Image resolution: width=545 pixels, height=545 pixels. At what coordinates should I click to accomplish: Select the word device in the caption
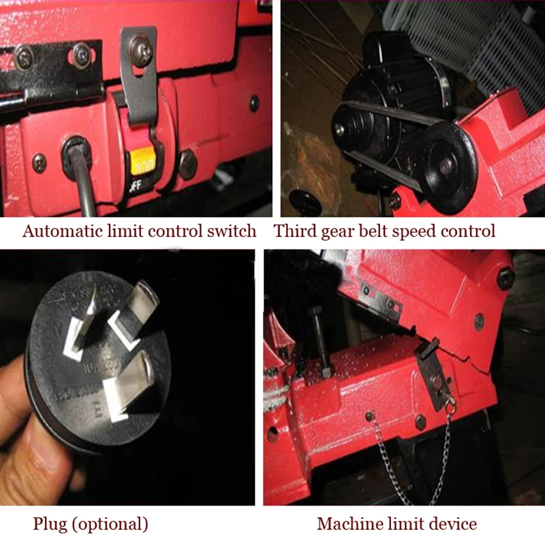coord(455,525)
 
